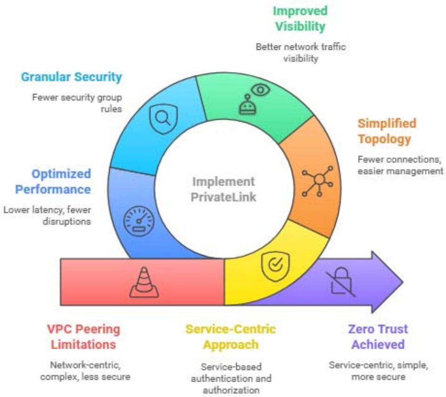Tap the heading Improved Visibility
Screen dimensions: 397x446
click(300, 19)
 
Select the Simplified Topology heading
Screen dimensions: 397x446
click(386, 131)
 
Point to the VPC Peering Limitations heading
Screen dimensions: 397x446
click(83, 337)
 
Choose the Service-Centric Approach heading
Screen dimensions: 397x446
click(231, 336)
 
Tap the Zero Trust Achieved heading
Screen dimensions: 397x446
click(378, 337)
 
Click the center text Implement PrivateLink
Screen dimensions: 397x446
click(223, 189)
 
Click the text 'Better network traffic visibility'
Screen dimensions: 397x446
click(301, 53)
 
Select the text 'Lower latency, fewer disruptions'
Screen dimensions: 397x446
click(47, 215)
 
